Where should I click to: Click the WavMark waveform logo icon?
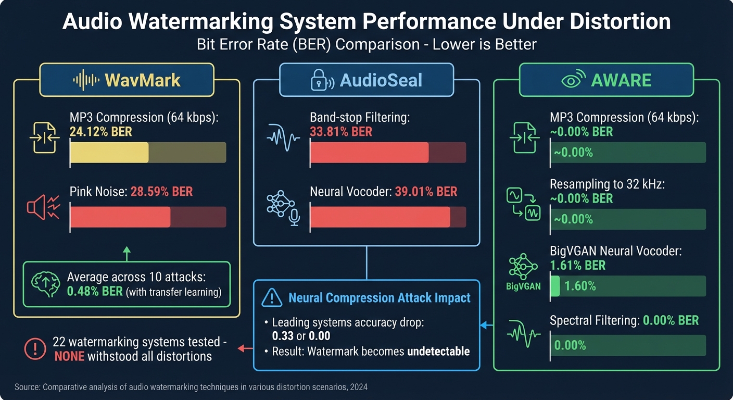coord(85,80)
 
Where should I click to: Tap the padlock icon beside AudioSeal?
coord(320,80)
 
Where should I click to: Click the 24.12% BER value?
coord(100,132)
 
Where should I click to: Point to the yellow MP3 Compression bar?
coord(109,153)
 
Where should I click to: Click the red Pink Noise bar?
coord(120,217)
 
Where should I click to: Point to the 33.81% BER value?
coord(341,132)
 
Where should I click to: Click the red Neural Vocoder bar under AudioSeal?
coord(380,217)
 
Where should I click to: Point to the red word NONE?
coord(70,357)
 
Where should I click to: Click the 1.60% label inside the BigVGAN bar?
coord(580,286)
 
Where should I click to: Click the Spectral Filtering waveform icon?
coord(524,335)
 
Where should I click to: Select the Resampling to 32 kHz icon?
coord(524,204)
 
